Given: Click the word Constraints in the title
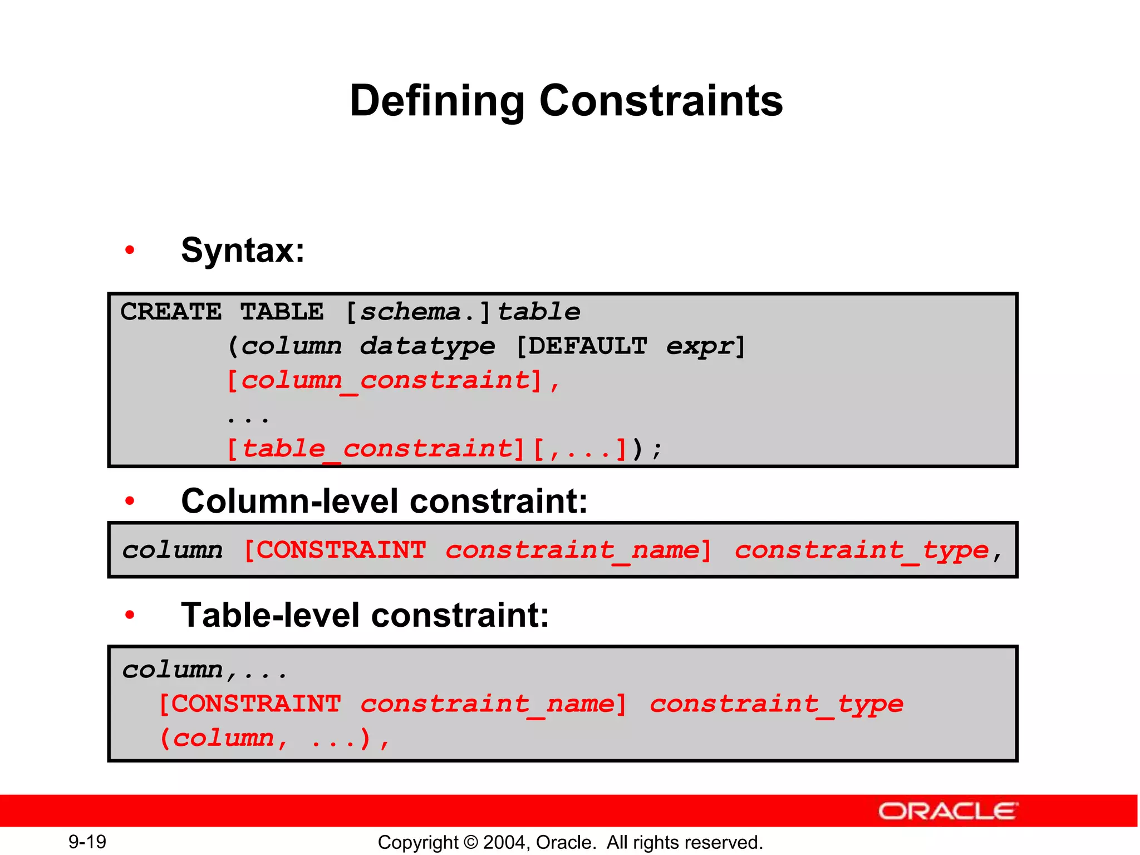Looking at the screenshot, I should point(661,101).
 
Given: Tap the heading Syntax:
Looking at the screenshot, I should point(243,250).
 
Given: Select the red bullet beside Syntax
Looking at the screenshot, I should point(130,250).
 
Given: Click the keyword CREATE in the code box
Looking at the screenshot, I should point(171,312).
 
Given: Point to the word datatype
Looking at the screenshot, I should point(427,346).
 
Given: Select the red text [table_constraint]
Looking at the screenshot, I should point(376,449).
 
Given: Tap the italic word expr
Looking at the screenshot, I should point(700,346).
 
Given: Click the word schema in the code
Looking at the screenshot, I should point(410,312).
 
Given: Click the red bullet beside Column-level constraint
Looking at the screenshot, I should point(130,501).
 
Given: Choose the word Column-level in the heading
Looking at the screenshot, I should point(290,501).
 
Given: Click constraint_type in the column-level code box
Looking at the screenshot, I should point(861,551).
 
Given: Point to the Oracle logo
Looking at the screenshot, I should point(948,811).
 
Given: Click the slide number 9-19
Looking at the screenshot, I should point(87,842).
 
